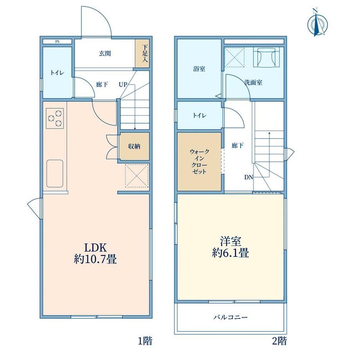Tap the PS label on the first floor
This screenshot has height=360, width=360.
(57, 42)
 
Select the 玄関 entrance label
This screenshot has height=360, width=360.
(105, 54)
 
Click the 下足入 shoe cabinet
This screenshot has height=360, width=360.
(142, 54)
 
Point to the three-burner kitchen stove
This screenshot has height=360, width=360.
(55, 118)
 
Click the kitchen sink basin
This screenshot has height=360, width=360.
(55, 173)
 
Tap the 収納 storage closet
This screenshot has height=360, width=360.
(134, 146)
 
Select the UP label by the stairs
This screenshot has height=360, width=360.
(123, 85)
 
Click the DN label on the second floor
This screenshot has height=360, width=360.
(248, 177)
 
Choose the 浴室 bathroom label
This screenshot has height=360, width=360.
(199, 68)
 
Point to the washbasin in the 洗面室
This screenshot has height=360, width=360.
(266, 57)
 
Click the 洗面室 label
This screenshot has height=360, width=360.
(253, 82)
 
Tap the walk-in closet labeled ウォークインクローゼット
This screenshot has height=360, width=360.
(199, 162)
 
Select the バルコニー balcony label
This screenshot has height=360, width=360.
(230, 317)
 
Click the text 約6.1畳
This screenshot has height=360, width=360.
(230, 253)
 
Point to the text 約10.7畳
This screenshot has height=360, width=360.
(95, 259)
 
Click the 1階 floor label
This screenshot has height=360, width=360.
(145, 341)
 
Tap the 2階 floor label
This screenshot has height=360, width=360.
(279, 341)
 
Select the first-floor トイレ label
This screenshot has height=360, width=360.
(57, 73)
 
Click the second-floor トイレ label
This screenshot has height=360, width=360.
(200, 115)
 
